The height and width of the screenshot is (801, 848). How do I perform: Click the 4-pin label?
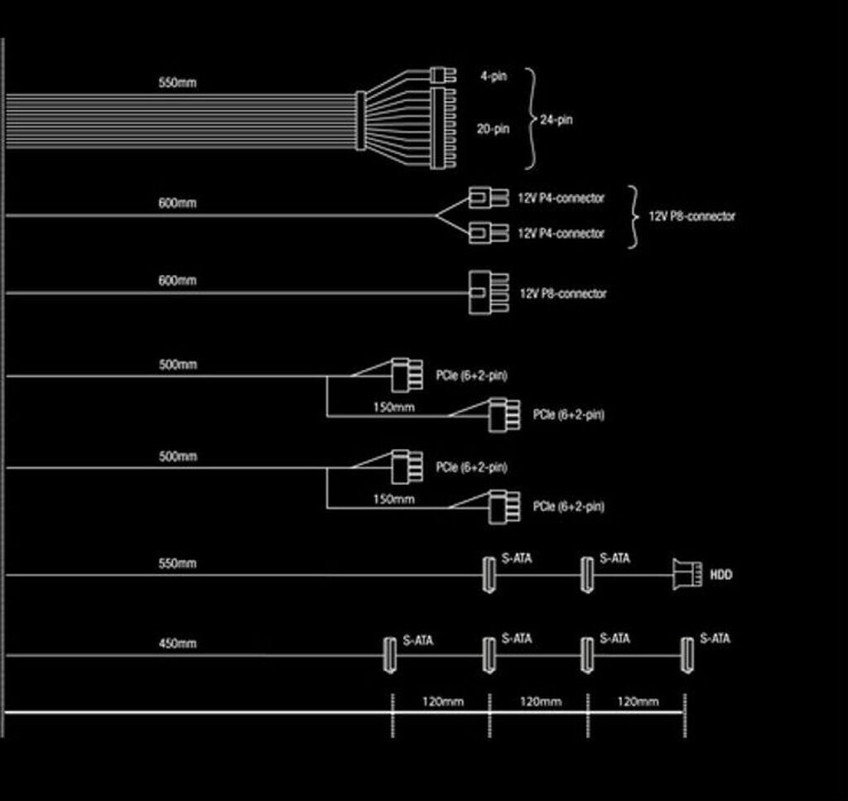point(494,76)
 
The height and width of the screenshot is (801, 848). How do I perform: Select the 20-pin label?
point(493,128)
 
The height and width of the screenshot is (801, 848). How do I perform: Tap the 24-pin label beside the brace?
point(556,119)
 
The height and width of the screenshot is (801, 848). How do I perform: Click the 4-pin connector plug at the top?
point(443,75)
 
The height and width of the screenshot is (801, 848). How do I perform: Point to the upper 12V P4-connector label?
point(561,198)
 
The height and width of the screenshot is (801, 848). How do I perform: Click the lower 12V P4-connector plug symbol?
point(489,233)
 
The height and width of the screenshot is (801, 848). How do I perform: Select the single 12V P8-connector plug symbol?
point(489,292)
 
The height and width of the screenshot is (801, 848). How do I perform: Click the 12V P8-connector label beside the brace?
point(691,216)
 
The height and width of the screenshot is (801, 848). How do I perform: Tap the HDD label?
point(721,574)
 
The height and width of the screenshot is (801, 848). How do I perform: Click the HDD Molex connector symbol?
point(687,574)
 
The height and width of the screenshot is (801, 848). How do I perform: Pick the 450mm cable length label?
point(177,644)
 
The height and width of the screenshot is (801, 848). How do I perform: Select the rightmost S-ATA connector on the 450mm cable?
point(687,655)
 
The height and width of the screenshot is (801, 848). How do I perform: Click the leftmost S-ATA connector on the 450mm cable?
point(389,655)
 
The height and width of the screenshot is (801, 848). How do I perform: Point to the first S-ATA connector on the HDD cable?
point(489,575)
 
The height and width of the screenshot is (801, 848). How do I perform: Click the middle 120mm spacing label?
point(540,702)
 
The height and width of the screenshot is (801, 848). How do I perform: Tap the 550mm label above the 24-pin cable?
point(177,83)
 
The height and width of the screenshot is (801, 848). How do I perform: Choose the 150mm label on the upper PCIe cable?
point(393,408)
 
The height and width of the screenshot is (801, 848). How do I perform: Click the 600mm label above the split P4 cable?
point(177,203)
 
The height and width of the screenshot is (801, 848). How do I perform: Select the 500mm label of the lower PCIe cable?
point(177,456)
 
